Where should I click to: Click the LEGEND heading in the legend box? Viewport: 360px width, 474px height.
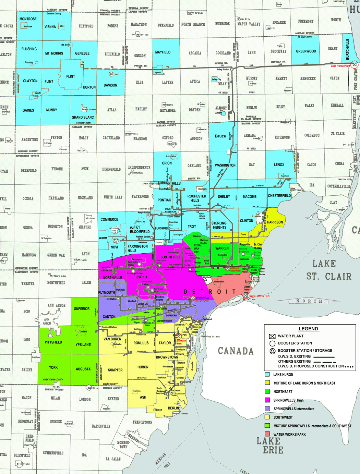(x=308, y=328)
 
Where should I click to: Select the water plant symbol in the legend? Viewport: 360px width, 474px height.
(x=272, y=336)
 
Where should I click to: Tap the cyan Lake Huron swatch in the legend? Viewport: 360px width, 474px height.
(x=267, y=375)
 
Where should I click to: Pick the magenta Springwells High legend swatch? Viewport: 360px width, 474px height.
(x=267, y=400)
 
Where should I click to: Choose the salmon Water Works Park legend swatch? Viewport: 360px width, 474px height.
(x=267, y=434)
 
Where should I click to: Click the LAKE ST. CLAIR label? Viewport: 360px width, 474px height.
(x=328, y=270)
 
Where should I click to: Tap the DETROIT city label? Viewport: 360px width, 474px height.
(x=210, y=292)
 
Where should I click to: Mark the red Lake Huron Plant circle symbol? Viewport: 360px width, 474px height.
(x=355, y=64)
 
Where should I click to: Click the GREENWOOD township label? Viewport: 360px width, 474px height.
(x=306, y=51)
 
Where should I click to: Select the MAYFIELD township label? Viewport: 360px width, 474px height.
(x=163, y=52)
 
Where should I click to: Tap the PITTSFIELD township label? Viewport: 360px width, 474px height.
(x=53, y=342)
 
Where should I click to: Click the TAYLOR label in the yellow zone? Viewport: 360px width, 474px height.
(x=165, y=343)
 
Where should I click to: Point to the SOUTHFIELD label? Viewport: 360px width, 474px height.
(x=170, y=257)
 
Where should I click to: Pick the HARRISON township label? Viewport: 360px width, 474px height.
(x=275, y=222)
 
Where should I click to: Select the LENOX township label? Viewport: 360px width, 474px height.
(x=279, y=165)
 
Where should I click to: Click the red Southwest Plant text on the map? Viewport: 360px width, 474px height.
(x=181, y=342)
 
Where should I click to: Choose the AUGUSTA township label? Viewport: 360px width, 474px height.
(x=83, y=369)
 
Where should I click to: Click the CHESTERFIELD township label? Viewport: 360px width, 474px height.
(x=279, y=196)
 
